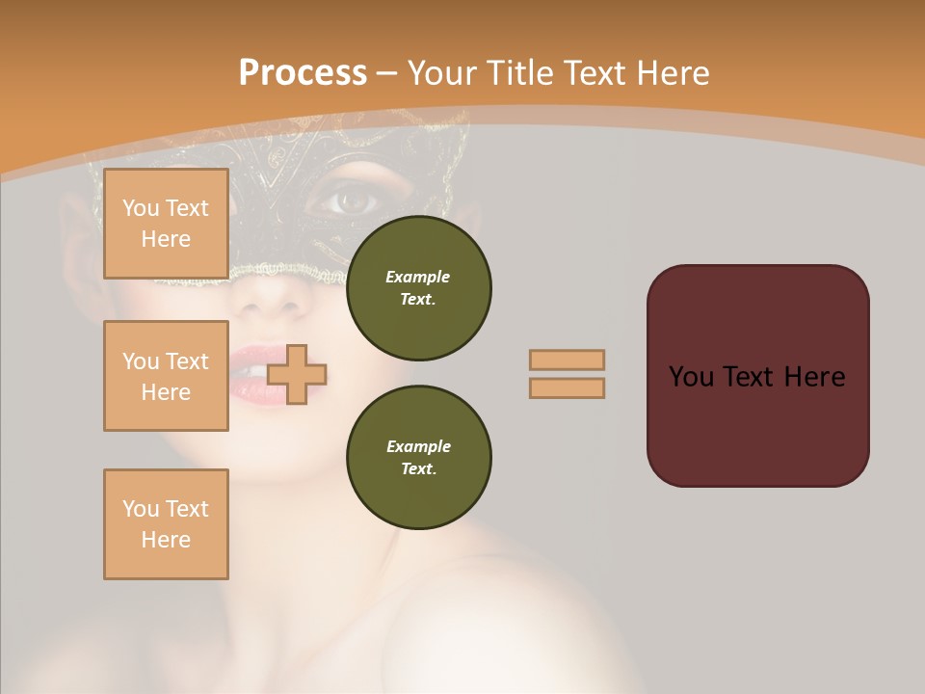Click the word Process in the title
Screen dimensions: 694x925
[303, 73]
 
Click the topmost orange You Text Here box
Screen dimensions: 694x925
[166, 224]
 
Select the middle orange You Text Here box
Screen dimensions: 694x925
[166, 376]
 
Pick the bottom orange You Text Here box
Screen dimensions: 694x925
[166, 523]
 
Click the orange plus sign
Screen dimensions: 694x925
[297, 373]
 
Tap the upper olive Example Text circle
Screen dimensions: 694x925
[418, 287]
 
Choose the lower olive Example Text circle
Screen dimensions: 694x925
[418, 457]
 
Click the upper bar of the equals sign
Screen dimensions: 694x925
[568, 360]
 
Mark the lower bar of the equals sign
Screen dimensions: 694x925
[568, 387]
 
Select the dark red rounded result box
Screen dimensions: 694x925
[757, 376]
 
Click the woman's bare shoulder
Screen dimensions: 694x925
[501, 617]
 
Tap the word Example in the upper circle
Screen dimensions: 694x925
[418, 277]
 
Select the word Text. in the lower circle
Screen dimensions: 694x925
[418, 468]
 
